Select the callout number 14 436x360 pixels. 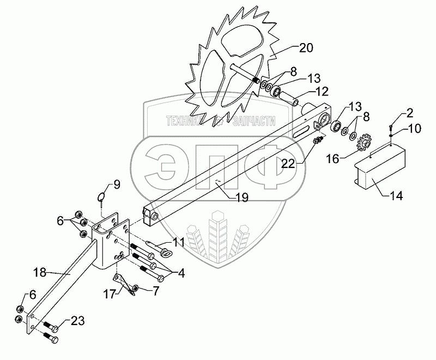point(398,195)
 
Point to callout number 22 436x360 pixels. point(289,163)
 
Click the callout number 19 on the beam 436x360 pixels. point(240,197)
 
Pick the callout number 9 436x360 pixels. point(116,184)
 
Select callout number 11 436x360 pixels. point(179,242)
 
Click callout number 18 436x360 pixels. point(48,271)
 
